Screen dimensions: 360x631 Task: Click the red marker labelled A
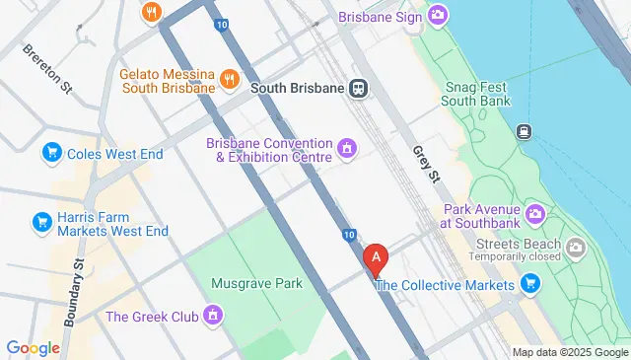(x=376, y=258)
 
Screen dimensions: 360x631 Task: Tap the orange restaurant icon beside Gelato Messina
(x=229, y=80)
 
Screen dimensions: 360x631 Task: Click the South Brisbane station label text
(x=297, y=88)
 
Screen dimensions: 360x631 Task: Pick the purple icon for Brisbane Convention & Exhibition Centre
(x=346, y=150)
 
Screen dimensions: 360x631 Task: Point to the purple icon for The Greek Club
(x=212, y=317)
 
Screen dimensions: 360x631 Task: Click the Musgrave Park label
(x=256, y=284)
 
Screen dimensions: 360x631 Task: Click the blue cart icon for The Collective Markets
(x=529, y=285)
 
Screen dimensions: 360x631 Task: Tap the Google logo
(x=33, y=347)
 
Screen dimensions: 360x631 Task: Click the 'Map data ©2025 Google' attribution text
(x=569, y=352)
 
